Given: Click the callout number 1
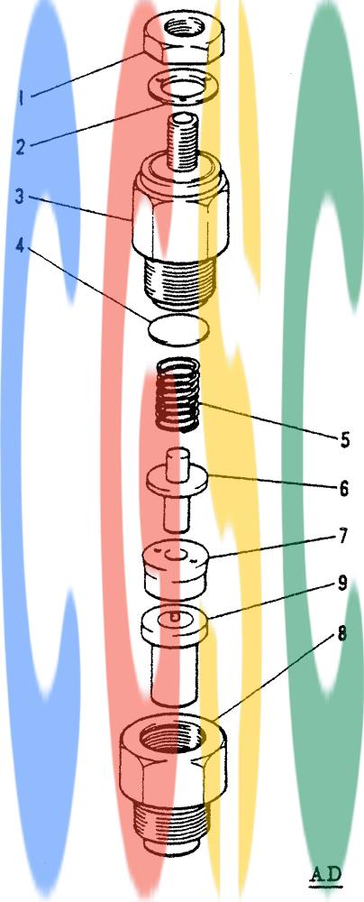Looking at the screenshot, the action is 21,99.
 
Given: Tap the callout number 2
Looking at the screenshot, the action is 21,147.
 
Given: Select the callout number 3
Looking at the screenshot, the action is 21,197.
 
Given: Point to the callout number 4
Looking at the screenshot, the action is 21,246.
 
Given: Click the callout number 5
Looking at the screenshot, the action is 344,440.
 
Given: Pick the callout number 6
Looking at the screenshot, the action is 344,488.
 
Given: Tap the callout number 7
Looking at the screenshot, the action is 344,537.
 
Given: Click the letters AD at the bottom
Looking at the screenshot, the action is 326,875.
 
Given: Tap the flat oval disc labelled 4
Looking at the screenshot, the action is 178,331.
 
